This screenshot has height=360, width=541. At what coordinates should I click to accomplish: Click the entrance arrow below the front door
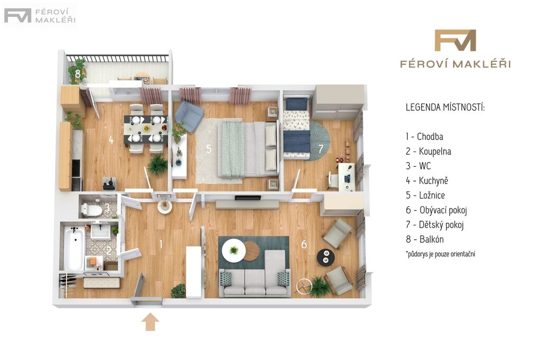tap(151, 321)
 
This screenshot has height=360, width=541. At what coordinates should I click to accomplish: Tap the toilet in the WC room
tap(91, 210)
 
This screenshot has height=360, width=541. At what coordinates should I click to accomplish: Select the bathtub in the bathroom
tap(74, 248)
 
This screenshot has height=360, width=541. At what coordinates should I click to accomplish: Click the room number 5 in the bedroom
tap(209, 149)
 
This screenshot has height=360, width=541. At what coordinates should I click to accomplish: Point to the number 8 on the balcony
tap(78, 73)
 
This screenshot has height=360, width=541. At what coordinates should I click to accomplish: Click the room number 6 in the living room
tap(304, 244)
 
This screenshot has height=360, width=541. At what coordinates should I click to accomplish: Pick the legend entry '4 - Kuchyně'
tap(427, 181)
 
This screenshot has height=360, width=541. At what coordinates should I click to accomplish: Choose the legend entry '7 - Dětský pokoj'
tap(435, 225)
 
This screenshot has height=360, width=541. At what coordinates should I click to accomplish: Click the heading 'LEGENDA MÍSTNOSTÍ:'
tap(445, 107)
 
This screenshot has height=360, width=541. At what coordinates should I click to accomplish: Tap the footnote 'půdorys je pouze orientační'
tap(441, 254)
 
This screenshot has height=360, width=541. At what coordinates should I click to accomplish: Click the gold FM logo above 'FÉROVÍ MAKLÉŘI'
tap(455, 40)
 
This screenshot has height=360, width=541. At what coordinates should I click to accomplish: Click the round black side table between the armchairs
tap(325, 257)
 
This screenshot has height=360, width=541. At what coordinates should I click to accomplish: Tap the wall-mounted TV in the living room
tap(248, 198)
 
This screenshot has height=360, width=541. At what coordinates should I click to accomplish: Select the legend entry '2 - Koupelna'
tap(428, 151)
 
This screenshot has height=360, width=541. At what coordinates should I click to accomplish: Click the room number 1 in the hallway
tap(161, 244)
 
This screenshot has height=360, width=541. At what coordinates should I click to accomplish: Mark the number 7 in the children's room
tap(321, 149)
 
